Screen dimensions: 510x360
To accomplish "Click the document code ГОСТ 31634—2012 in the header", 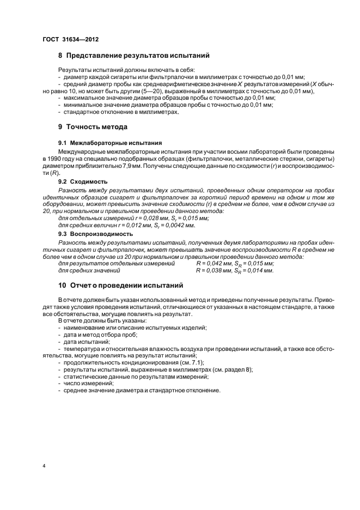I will coord(70,39).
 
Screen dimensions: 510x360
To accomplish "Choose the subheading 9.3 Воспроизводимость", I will coord(95,234).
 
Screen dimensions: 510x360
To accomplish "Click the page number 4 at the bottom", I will coord(44,466).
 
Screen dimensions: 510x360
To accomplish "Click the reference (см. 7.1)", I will coord(191,362).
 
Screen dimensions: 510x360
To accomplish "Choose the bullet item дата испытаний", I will coord(87,341).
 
